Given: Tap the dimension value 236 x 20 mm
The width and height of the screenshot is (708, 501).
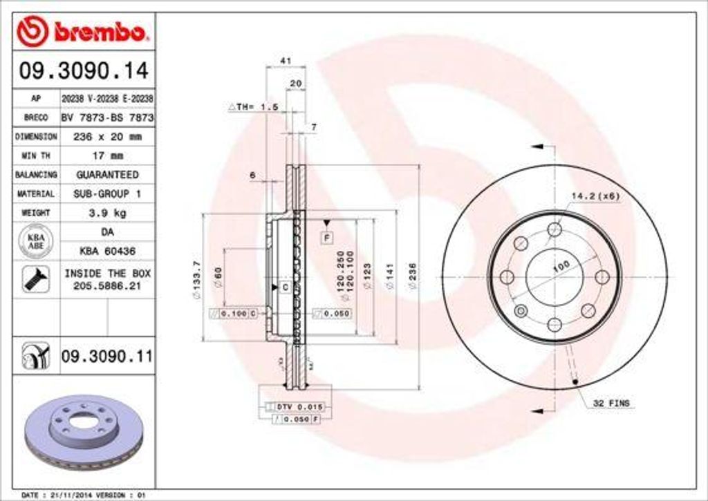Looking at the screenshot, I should tap(106, 137).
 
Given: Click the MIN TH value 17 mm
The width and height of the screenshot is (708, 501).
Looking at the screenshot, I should tap(106, 155).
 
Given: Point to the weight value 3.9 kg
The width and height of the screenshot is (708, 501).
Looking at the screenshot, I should tap(106, 213).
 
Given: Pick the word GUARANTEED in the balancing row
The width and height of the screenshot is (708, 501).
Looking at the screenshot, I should tap(106, 175).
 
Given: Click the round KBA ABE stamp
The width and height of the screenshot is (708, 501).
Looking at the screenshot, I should tap(35, 241).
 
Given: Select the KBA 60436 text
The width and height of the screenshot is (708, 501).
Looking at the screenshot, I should tap(106, 250).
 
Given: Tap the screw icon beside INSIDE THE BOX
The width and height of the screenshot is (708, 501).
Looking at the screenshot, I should tap(35, 279).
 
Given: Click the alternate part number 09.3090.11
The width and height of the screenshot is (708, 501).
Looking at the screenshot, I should tap(106, 357).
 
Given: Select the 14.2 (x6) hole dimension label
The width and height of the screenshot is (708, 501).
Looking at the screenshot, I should tap(595, 196).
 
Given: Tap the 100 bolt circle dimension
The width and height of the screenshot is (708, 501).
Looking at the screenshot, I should tap(561, 265).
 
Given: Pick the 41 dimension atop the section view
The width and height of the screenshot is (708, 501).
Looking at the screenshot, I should tap(284, 61).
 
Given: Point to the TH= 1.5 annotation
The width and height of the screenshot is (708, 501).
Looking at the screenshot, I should tap(253, 107).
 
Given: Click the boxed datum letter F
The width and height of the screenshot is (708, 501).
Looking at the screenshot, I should tap(326, 237).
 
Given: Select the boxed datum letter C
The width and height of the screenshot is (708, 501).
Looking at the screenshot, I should tap(284, 286).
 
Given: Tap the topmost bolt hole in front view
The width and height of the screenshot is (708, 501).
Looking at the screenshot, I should tap(555, 229).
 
